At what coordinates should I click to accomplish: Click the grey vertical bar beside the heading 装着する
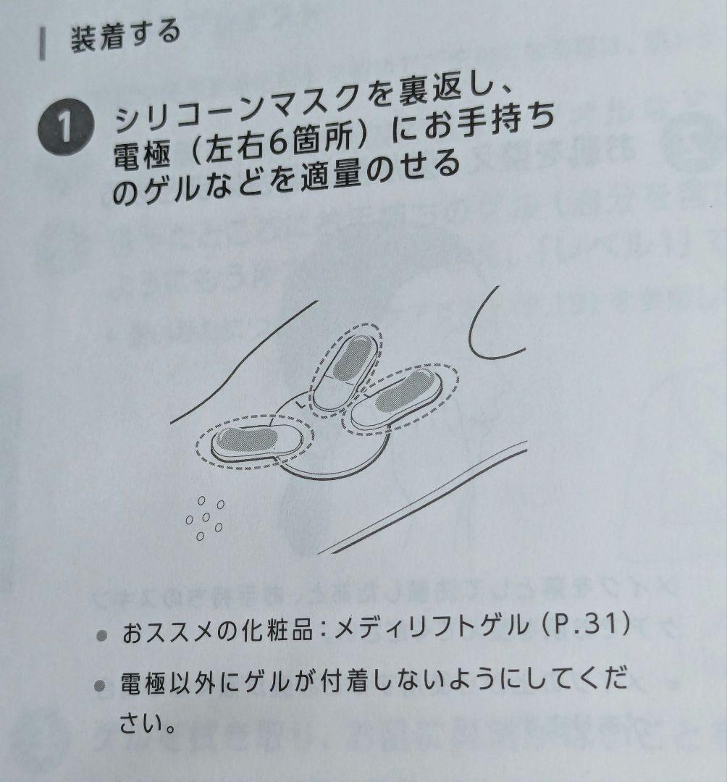tap(43, 45)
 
